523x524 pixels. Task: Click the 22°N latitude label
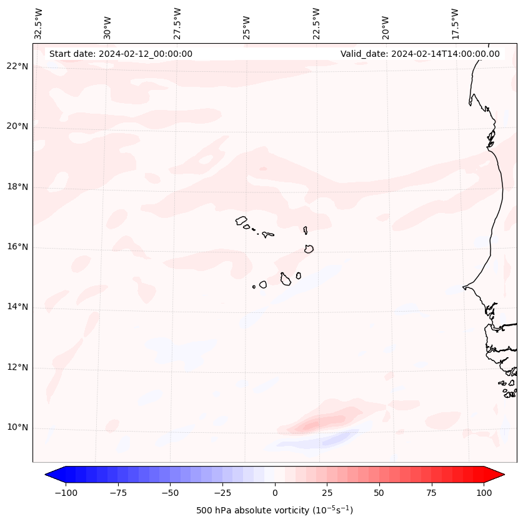pos(17,67)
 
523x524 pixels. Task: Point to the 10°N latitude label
pos(17,428)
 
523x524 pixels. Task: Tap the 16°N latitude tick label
pos(17,247)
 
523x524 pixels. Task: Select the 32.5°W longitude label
pos(39,24)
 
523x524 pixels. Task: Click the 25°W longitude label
pos(247,24)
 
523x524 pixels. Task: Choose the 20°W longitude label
pos(386,24)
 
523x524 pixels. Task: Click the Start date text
pos(121,54)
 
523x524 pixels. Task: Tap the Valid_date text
pos(420,54)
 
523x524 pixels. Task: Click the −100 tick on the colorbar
pos(66,493)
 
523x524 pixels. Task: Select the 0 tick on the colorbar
pos(275,493)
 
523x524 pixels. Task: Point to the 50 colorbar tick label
pos(379,493)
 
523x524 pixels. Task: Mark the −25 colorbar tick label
pos(222,493)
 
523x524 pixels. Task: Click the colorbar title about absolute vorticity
pos(275,511)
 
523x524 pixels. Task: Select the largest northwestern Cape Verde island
pos(241,220)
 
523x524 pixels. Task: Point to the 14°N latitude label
pos(17,307)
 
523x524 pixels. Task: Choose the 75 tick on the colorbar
pos(432,493)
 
